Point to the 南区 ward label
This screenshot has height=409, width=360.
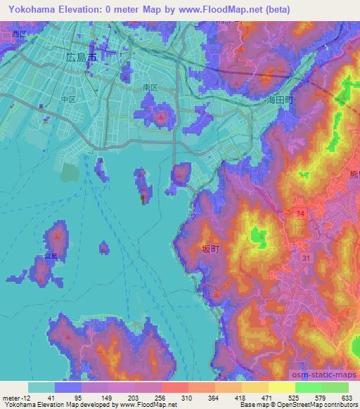(149, 88)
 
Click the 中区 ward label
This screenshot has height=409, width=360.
(69, 99)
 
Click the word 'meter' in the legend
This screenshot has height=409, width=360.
(13, 398)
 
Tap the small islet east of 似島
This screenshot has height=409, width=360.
(104, 247)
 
